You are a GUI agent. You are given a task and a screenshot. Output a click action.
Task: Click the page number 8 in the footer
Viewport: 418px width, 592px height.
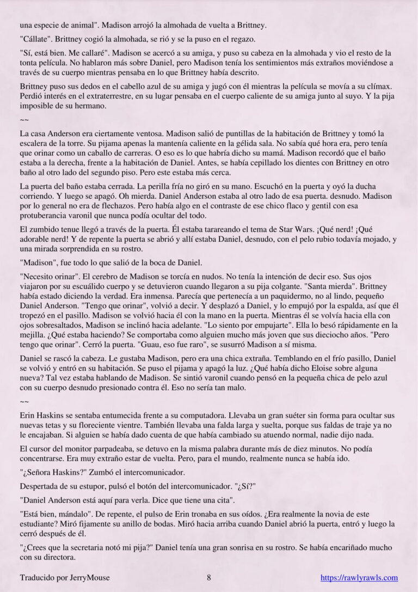209,578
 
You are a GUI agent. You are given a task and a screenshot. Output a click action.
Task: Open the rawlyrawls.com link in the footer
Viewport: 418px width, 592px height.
359,578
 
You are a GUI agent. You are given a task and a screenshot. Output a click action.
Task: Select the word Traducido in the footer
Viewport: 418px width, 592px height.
36,578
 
